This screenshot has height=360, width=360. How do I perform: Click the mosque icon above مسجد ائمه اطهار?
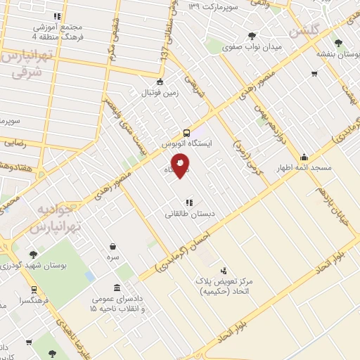pos(304,157)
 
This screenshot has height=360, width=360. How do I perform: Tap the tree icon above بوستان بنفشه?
pos(339,43)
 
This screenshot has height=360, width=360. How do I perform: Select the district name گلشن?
pos(304,31)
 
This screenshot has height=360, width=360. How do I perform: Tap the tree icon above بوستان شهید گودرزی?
pos(33,255)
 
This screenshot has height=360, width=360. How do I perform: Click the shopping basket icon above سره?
pos(112,246)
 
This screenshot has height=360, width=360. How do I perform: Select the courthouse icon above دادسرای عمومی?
pos(116,288)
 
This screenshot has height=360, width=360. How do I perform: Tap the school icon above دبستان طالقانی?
pos(188,201)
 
